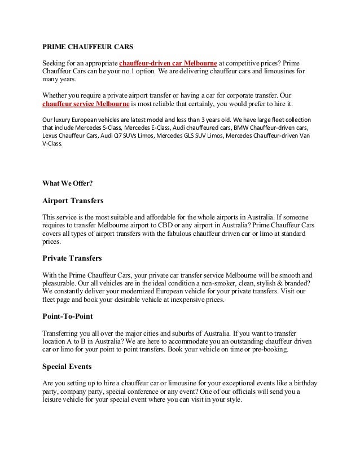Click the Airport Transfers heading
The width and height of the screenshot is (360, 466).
pyautogui.click(x=73, y=200)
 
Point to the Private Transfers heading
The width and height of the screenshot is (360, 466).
pyautogui.click(x=72, y=258)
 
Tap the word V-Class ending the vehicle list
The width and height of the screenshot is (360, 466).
pyautogui.click(x=53, y=144)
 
